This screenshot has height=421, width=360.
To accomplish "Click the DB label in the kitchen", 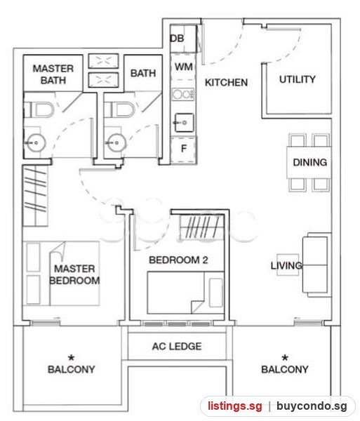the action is (177, 39).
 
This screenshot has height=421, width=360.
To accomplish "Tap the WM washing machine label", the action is (184, 67).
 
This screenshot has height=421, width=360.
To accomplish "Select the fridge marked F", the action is (184, 149).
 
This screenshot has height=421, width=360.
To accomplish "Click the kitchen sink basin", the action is (184, 123).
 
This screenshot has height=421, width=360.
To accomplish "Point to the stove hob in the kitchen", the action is (183, 94).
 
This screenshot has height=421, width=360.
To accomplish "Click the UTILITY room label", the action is (298, 79).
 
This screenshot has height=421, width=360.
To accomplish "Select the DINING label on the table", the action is (310, 162).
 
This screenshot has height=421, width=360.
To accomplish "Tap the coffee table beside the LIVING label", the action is (288, 265).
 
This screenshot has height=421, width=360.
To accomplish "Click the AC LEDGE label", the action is (177, 347).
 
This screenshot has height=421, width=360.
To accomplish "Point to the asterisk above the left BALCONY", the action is (71, 358).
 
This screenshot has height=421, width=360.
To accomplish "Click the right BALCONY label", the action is (285, 370).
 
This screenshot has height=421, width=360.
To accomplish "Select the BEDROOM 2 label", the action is (178, 260).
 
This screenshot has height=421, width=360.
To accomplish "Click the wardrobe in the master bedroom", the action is (35, 196).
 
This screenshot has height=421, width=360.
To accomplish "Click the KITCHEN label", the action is (226, 82).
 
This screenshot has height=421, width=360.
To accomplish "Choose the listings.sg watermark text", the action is (235, 406).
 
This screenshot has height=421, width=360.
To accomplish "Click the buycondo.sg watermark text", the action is (312, 406).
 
